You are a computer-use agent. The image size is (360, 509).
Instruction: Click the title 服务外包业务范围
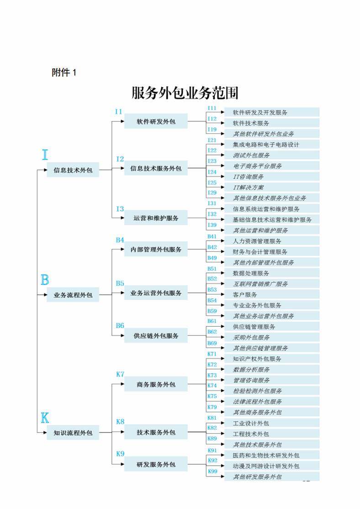(185, 93)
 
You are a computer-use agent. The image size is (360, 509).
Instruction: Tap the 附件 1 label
(64, 72)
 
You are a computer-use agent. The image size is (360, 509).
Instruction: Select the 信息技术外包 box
(73, 170)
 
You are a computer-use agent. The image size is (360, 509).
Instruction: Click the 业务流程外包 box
(73, 295)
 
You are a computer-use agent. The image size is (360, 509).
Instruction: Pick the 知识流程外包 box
(73, 433)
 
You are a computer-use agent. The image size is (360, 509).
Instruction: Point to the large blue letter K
(45, 418)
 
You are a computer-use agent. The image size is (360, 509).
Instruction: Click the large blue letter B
(45, 280)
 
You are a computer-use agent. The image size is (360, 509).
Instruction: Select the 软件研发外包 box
(156, 121)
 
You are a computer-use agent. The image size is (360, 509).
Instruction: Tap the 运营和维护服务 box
(156, 218)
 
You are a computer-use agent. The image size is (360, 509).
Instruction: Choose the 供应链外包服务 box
(156, 336)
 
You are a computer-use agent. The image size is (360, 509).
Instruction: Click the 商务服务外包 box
(156, 384)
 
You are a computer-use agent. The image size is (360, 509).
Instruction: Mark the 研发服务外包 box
(156, 464)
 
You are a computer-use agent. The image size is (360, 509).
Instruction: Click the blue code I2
(120, 159)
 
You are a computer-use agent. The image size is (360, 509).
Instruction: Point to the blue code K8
(120, 422)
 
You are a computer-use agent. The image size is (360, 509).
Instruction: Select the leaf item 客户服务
(245, 294)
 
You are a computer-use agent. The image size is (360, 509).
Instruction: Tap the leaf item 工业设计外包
(251, 423)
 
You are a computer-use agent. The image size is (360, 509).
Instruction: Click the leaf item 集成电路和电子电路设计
(266, 144)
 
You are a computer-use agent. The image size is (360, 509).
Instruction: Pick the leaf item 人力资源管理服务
(257, 241)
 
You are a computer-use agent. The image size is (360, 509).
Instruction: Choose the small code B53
(212, 290)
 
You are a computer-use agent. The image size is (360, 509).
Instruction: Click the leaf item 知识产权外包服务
(257, 359)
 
